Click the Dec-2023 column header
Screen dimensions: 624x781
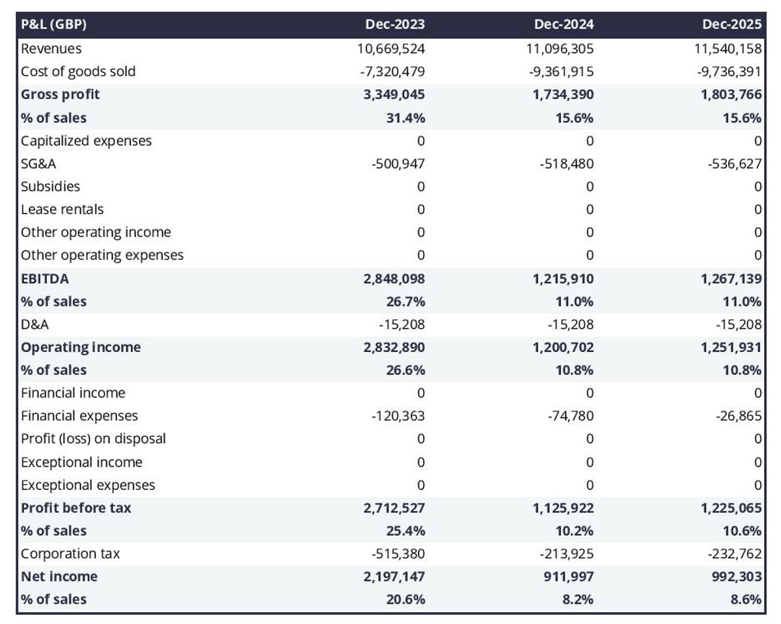[394, 25]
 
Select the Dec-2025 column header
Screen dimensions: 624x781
[732, 25]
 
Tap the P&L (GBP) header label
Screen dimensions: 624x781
[54, 25]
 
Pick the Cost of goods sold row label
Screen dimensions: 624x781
[78, 71]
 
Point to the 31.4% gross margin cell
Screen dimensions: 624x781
[407, 118]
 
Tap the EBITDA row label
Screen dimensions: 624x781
[45, 278]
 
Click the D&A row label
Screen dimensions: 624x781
[34, 324]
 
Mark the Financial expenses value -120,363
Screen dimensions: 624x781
[397, 416]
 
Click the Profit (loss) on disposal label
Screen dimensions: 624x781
[93, 439]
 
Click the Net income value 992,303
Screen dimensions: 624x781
[736, 577]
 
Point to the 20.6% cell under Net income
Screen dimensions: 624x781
[407, 599]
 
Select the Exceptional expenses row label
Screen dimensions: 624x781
[88, 485]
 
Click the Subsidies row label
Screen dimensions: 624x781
[50, 187]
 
